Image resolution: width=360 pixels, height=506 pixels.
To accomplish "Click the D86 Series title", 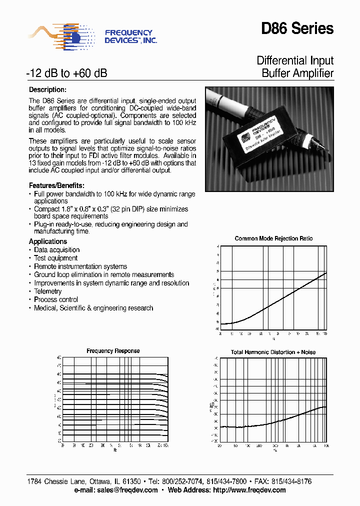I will point(297,29).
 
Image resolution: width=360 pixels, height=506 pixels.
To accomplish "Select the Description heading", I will point(47,90).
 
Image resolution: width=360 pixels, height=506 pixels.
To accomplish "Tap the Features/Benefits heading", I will point(56,185).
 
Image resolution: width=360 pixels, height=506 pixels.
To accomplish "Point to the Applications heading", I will point(48,241).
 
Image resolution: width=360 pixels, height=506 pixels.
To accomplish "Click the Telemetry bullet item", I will point(47,291).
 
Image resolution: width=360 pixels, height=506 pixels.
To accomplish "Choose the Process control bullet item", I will point(55,299).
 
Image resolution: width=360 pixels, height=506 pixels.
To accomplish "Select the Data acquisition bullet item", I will point(56,250).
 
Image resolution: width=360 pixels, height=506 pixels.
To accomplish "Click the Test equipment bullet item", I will point(55,258).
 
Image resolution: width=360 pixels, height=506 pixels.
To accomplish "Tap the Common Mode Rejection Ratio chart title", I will point(273,239).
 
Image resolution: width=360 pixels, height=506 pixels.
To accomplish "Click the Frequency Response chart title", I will point(113,351).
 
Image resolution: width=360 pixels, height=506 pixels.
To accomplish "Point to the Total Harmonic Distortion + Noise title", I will point(273,352).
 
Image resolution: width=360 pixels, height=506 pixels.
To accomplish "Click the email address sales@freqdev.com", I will point(127,490).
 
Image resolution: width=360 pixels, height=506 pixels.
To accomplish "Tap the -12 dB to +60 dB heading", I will point(66,73).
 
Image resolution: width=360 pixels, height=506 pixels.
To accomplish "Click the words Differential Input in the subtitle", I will point(295,61).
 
